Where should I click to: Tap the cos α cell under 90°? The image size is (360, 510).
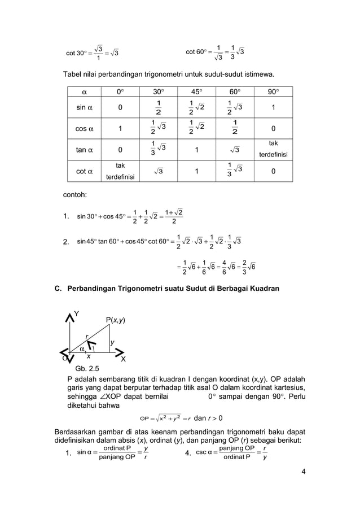(273, 129)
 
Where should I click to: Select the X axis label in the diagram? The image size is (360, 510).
(124, 359)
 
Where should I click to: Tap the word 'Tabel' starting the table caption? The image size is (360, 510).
(78, 75)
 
